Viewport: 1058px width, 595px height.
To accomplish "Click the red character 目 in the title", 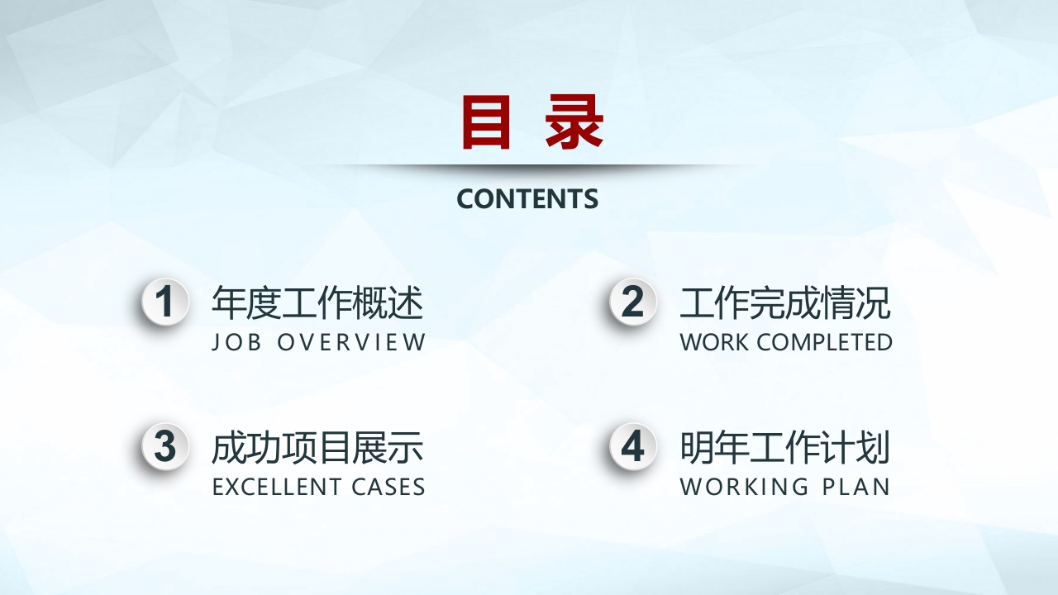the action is pyautogui.click(x=486, y=121).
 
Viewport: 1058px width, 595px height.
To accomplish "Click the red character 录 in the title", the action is pyautogui.click(x=574, y=121).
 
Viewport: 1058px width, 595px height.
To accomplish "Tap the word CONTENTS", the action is pyautogui.click(x=527, y=199).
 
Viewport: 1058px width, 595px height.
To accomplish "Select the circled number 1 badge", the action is pyautogui.click(x=165, y=302).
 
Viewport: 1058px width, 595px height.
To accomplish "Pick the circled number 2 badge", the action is pyautogui.click(x=633, y=302).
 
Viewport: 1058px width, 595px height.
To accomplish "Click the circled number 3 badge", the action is pyautogui.click(x=165, y=446).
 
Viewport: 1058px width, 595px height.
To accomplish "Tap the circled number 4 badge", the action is pyautogui.click(x=633, y=446).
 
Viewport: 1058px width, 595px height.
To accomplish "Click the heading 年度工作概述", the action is pyautogui.click(x=317, y=302).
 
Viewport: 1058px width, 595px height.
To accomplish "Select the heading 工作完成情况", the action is pyautogui.click(x=785, y=302).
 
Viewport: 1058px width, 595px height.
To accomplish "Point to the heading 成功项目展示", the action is pyautogui.click(x=317, y=447).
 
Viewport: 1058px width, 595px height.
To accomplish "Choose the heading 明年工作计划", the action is pyautogui.click(x=785, y=447).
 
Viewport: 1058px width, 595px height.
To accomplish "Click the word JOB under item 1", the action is pyautogui.click(x=236, y=342).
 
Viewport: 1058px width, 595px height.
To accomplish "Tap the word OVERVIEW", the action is pyautogui.click(x=351, y=342).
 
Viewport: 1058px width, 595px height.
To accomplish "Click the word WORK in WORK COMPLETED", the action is pyautogui.click(x=715, y=342).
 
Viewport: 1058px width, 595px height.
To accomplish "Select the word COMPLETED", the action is pyautogui.click(x=825, y=342).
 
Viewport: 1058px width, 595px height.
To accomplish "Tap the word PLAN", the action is pyautogui.click(x=856, y=487).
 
